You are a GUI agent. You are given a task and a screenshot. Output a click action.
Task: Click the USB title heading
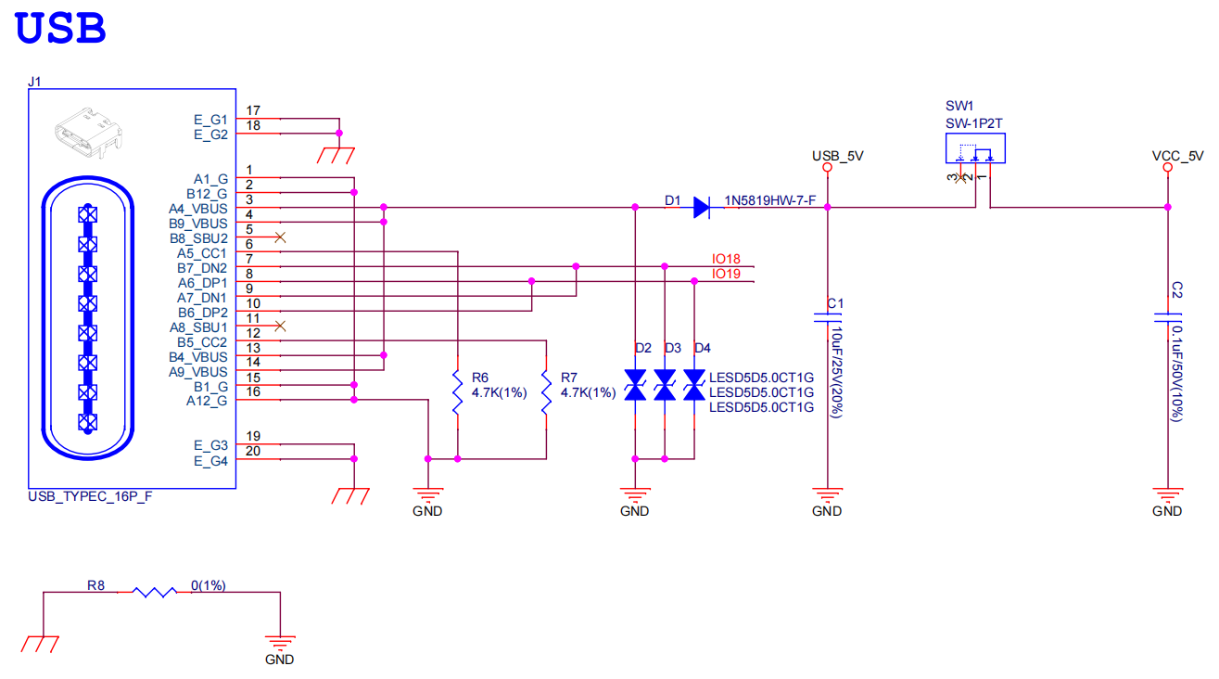[61, 28]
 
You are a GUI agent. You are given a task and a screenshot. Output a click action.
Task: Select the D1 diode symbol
[702, 208]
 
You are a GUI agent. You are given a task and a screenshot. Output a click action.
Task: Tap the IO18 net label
[726, 259]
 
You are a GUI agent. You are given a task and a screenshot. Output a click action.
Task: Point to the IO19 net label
[726, 275]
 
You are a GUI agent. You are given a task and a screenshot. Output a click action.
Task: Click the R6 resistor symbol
[457, 393]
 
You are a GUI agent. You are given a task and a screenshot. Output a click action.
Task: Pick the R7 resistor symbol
[546, 393]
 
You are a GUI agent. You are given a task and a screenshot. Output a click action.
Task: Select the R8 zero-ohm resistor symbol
[154, 592]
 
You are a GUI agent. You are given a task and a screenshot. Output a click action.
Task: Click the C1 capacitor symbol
[827, 317]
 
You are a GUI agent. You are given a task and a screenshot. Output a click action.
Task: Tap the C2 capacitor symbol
[1167, 317]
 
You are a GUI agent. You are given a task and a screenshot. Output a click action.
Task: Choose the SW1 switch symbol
[975, 148]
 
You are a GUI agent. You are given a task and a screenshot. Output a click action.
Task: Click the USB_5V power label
[837, 157]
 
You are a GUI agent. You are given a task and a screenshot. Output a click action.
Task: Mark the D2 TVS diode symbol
[635, 385]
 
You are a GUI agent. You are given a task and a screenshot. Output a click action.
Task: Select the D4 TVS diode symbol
[694, 385]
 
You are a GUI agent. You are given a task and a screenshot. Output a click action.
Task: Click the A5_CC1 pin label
[202, 252]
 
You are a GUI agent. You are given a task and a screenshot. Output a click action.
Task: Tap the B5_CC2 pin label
[202, 341]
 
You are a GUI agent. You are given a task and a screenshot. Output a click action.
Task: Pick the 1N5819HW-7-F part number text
[769, 200]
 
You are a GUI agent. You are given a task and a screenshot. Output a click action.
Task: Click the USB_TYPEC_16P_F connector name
[90, 497]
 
